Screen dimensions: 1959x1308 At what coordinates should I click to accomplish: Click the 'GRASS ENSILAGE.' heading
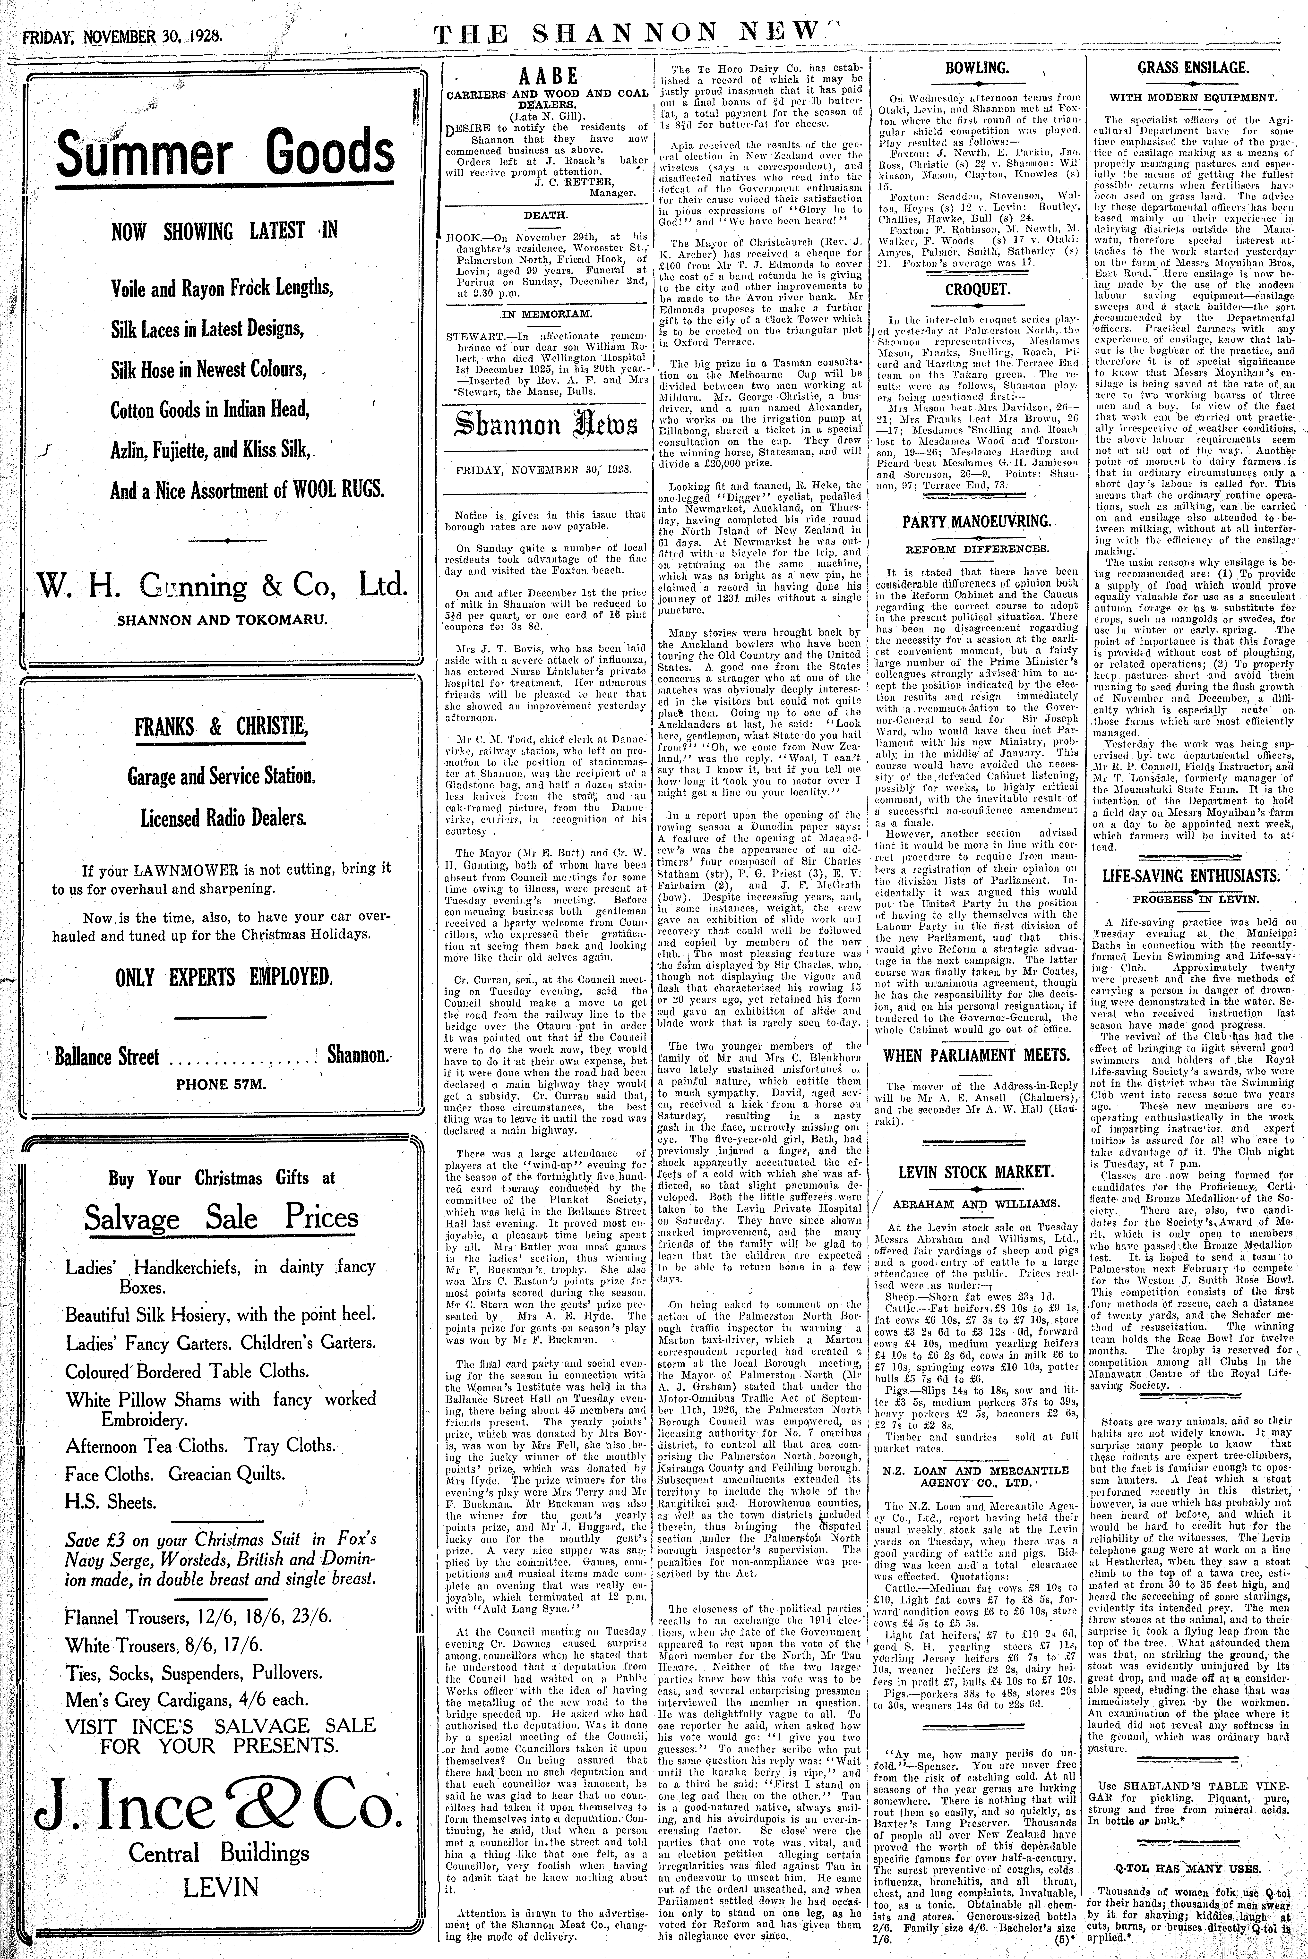click(1193, 68)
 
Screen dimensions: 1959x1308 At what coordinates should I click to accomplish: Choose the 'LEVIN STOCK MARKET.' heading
click(976, 1172)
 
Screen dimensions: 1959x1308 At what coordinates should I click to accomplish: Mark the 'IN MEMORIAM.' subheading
click(546, 314)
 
